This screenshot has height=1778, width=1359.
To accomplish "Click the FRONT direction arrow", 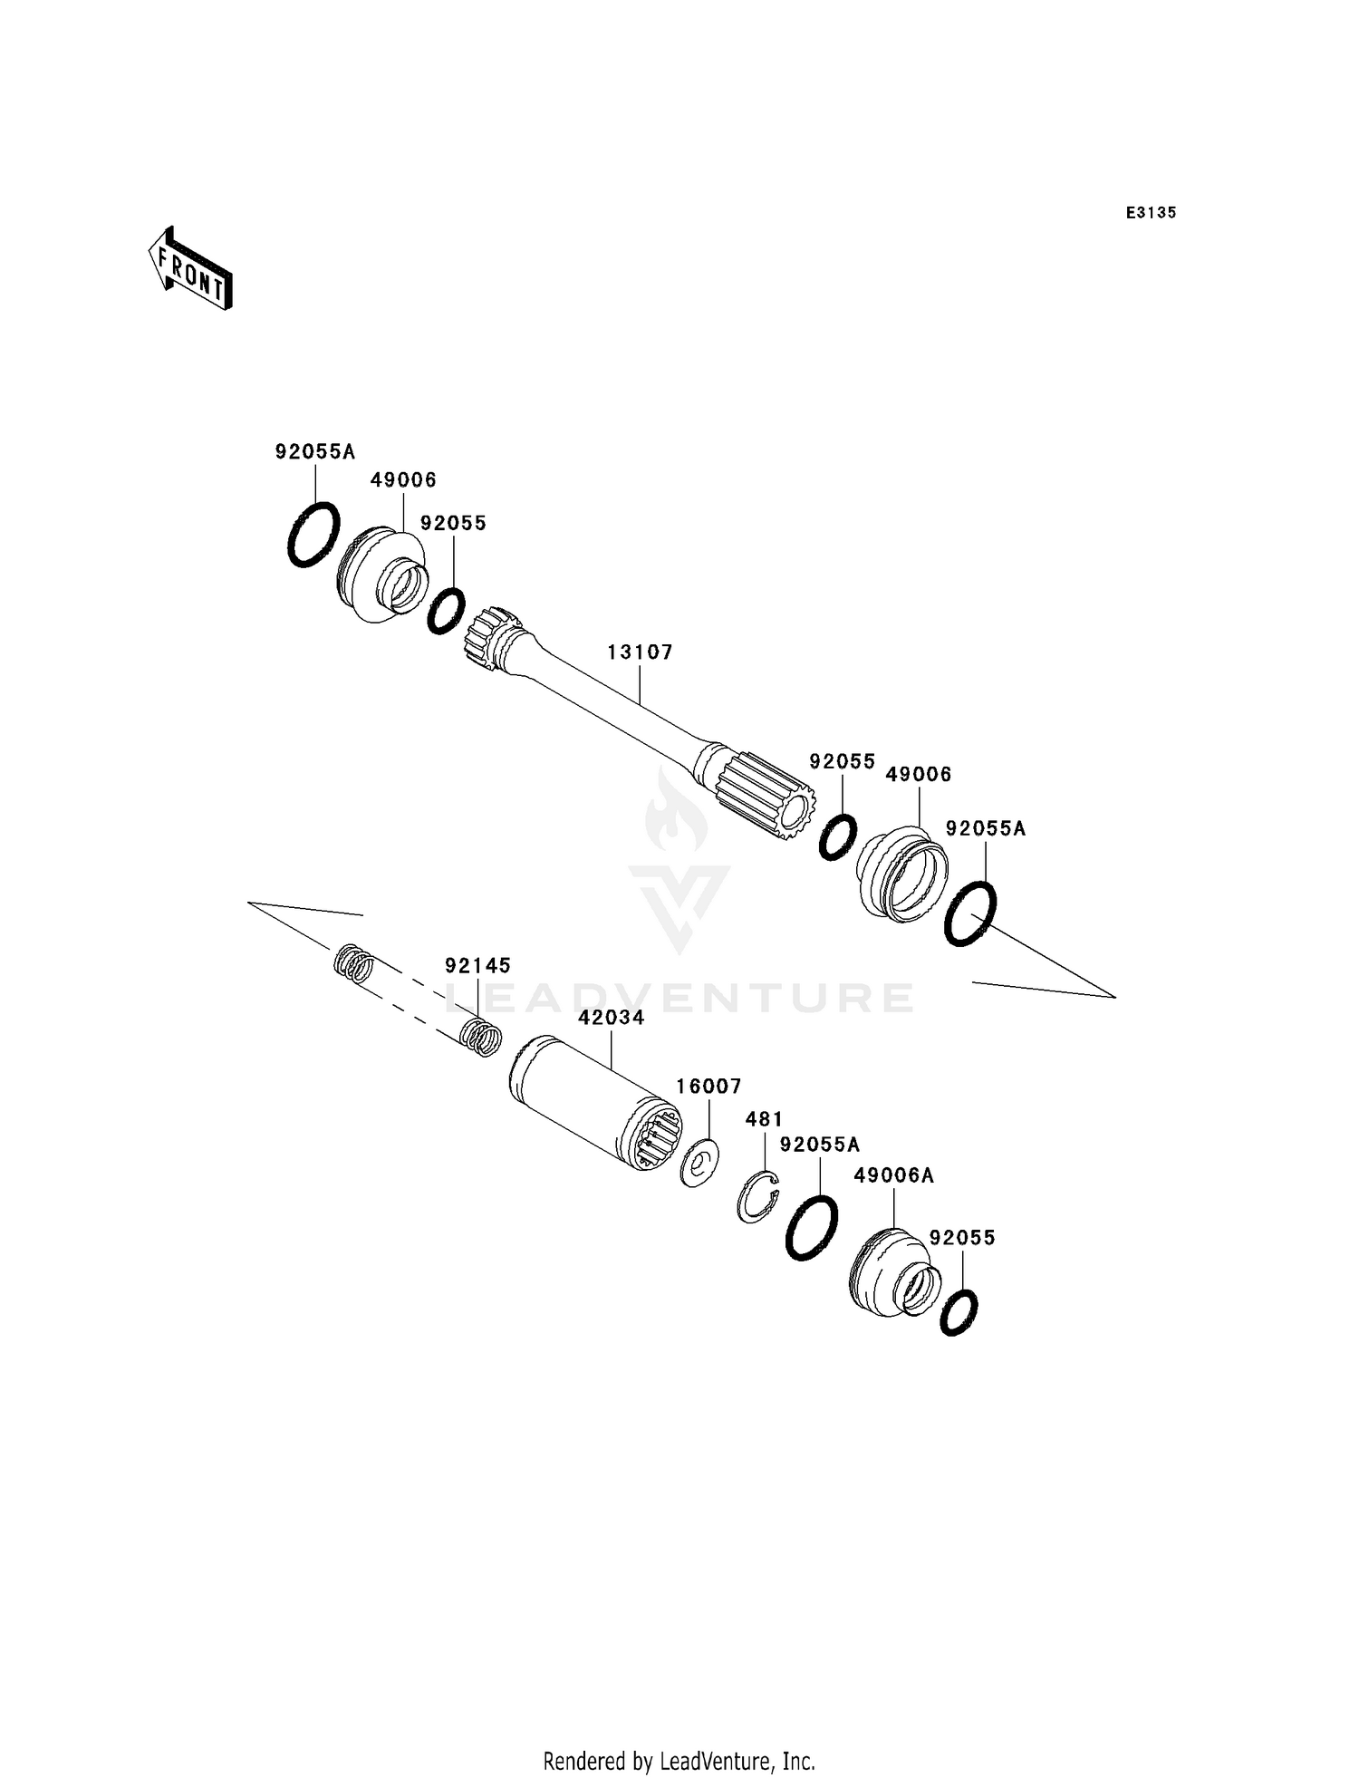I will pyautogui.click(x=190, y=269).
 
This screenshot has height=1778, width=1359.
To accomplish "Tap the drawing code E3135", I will pyautogui.click(x=1151, y=213).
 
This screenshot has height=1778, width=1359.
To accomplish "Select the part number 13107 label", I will pyautogui.click(x=640, y=652).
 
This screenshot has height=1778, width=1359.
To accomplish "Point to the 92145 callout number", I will pyautogui.click(x=477, y=966).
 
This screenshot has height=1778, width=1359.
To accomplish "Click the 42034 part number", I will pyautogui.click(x=612, y=1018).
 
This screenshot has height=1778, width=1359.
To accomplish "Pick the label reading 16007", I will pyautogui.click(x=709, y=1086).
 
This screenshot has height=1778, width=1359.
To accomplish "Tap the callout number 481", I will pyautogui.click(x=764, y=1120).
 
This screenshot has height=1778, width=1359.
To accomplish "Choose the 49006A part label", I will pyautogui.click(x=893, y=1175).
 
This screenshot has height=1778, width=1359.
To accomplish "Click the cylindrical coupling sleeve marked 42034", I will pyautogui.click(x=593, y=1106).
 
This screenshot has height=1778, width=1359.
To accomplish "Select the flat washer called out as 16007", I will pyautogui.click(x=699, y=1164).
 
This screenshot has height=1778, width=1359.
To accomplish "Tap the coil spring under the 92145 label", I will pyautogui.click(x=481, y=1037).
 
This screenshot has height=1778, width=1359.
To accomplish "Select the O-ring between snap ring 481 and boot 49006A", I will pyautogui.click(x=811, y=1228).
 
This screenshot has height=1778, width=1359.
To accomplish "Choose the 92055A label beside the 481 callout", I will pyautogui.click(x=819, y=1145).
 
